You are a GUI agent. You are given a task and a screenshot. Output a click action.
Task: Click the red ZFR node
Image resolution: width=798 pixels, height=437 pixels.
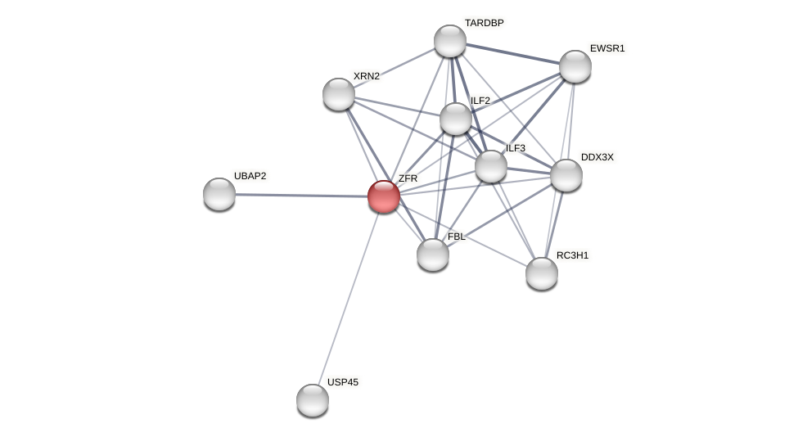click(383, 196)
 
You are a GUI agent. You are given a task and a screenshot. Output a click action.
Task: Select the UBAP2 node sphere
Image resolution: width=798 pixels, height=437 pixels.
click(219, 194)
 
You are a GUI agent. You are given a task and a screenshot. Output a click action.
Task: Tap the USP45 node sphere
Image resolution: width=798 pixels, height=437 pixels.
click(313, 400)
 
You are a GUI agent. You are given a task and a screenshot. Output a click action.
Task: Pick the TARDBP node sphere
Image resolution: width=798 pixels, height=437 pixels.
click(450, 41)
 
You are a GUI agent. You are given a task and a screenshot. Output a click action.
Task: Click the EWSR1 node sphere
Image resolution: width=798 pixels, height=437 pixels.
click(575, 66)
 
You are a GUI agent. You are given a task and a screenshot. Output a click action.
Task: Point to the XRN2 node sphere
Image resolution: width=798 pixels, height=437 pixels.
click(339, 94)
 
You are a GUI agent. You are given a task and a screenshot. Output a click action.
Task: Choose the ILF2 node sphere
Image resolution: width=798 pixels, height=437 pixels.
click(456, 119)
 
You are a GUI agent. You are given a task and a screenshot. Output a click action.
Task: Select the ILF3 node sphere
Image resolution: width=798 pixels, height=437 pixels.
click(491, 166)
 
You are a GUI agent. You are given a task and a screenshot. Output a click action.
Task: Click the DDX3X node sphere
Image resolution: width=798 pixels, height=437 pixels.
click(566, 175)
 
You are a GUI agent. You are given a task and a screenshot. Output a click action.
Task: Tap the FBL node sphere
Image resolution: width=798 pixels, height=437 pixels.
click(433, 255)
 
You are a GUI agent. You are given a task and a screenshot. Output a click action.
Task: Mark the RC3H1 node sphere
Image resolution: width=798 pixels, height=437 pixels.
click(542, 273)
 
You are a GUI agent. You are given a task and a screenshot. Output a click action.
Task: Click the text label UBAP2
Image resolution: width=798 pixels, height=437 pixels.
click(250, 176)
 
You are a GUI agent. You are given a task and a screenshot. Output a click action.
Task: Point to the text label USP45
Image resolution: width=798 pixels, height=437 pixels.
click(342, 382)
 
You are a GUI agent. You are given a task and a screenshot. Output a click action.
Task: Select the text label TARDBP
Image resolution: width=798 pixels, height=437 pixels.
click(484, 23)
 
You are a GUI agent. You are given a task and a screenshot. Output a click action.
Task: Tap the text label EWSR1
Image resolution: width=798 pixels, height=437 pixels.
click(607, 48)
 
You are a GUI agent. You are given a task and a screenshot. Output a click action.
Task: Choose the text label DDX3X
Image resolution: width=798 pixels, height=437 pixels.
click(597, 157)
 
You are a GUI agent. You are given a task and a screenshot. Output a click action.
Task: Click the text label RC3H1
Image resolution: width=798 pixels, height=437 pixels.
click(572, 255)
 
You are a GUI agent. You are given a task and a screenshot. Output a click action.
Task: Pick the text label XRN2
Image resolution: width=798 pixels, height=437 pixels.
click(366, 76)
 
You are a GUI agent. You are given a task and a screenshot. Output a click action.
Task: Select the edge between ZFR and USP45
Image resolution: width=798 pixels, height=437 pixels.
click(348, 298)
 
